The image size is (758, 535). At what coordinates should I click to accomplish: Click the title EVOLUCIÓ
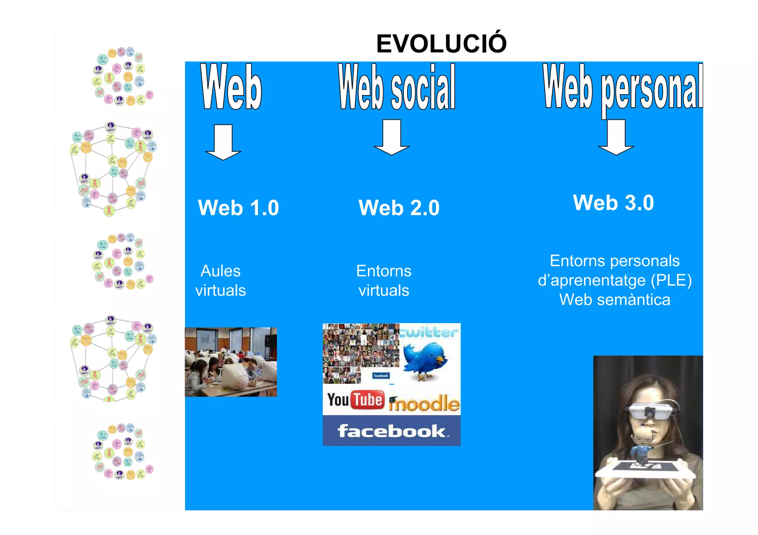point(441,44)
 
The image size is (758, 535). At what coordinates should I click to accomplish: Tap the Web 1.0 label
point(238,208)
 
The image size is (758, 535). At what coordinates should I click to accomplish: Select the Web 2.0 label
point(399,208)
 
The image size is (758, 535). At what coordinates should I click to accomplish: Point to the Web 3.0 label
point(613,203)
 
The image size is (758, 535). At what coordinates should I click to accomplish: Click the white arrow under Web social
point(392,137)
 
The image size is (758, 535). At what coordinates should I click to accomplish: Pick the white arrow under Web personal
point(616,137)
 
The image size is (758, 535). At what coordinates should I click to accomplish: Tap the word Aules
point(221,271)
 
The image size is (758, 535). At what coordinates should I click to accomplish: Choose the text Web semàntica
point(614,299)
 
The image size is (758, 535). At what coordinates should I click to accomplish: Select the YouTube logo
point(356,400)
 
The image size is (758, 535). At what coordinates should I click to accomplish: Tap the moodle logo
point(425,403)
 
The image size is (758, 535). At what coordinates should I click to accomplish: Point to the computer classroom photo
point(231,362)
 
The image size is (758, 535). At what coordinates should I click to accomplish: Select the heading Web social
point(397,87)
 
